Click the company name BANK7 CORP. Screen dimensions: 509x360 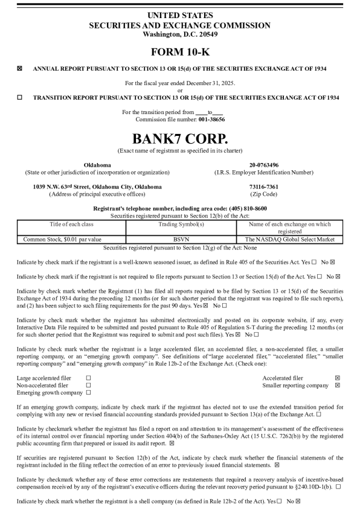[179, 138]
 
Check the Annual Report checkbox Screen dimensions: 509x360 [20, 69]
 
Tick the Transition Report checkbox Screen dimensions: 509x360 [20, 97]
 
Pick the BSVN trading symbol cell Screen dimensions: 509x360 [181, 239]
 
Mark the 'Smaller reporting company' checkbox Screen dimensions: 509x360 [337, 385]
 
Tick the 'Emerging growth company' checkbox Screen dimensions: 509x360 [89, 392]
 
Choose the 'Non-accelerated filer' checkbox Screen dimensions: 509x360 [89, 385]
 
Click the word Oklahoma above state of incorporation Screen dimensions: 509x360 [97, 165]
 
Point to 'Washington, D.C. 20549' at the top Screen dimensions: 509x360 [179, 34]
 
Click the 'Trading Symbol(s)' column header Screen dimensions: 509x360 [181, 224]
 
